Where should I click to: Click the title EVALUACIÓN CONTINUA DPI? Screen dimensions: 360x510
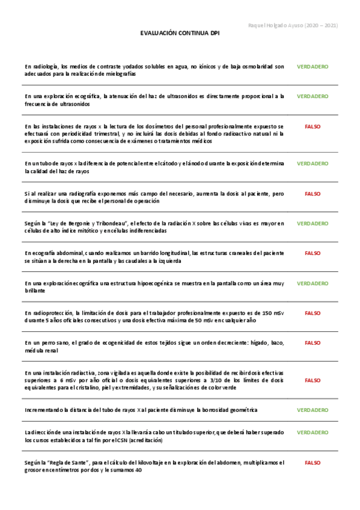180,35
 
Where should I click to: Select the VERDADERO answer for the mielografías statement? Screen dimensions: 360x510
313,66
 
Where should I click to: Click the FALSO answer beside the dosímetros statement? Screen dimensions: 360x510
313,127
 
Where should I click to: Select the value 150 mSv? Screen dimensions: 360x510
265,313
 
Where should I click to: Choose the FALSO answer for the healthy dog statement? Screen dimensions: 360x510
313,343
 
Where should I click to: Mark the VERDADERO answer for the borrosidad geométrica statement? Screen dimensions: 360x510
313,410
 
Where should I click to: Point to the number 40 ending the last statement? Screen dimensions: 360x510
138,470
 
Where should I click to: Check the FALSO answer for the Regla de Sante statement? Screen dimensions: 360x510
313,463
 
